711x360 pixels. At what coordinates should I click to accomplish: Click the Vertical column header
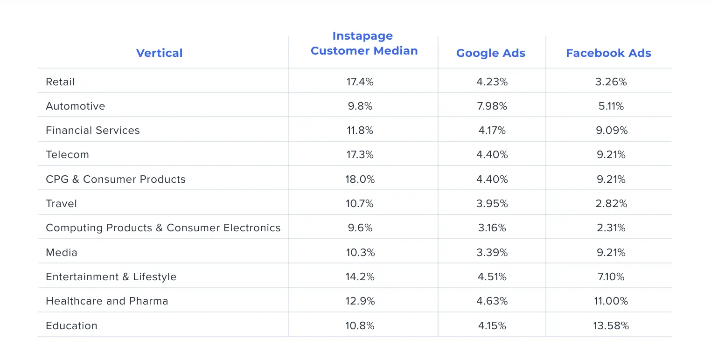point(159,53)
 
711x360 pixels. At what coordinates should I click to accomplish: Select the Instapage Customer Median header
point(363,43)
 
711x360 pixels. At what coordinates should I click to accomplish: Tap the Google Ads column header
point(491,53)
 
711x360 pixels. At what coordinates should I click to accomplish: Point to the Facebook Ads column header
point(608,53)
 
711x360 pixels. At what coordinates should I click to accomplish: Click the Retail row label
point(60,82)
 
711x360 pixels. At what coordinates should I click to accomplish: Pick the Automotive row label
point(76,106)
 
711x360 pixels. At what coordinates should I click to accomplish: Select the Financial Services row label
point(93,131)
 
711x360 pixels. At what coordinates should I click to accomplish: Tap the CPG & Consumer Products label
point(116,180)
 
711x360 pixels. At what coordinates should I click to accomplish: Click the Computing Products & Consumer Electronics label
point(163,228)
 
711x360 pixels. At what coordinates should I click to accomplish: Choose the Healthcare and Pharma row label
point(107,301)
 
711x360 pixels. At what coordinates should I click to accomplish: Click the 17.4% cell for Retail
point(360,82)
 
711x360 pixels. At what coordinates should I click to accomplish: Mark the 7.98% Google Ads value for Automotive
point(492,106)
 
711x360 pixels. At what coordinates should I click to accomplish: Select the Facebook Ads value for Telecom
point(612,155)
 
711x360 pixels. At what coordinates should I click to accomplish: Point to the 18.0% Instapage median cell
point(360,180)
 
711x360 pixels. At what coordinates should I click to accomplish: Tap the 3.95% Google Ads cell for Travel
point(492,204)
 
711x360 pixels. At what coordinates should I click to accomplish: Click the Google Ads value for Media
point(492,253)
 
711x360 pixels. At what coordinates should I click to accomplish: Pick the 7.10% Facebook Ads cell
point(612,277)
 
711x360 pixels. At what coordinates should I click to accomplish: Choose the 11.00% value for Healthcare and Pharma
point(611,301)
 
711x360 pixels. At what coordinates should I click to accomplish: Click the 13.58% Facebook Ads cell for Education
point(611,326)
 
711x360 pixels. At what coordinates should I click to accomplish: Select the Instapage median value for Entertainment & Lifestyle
point(360,277)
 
